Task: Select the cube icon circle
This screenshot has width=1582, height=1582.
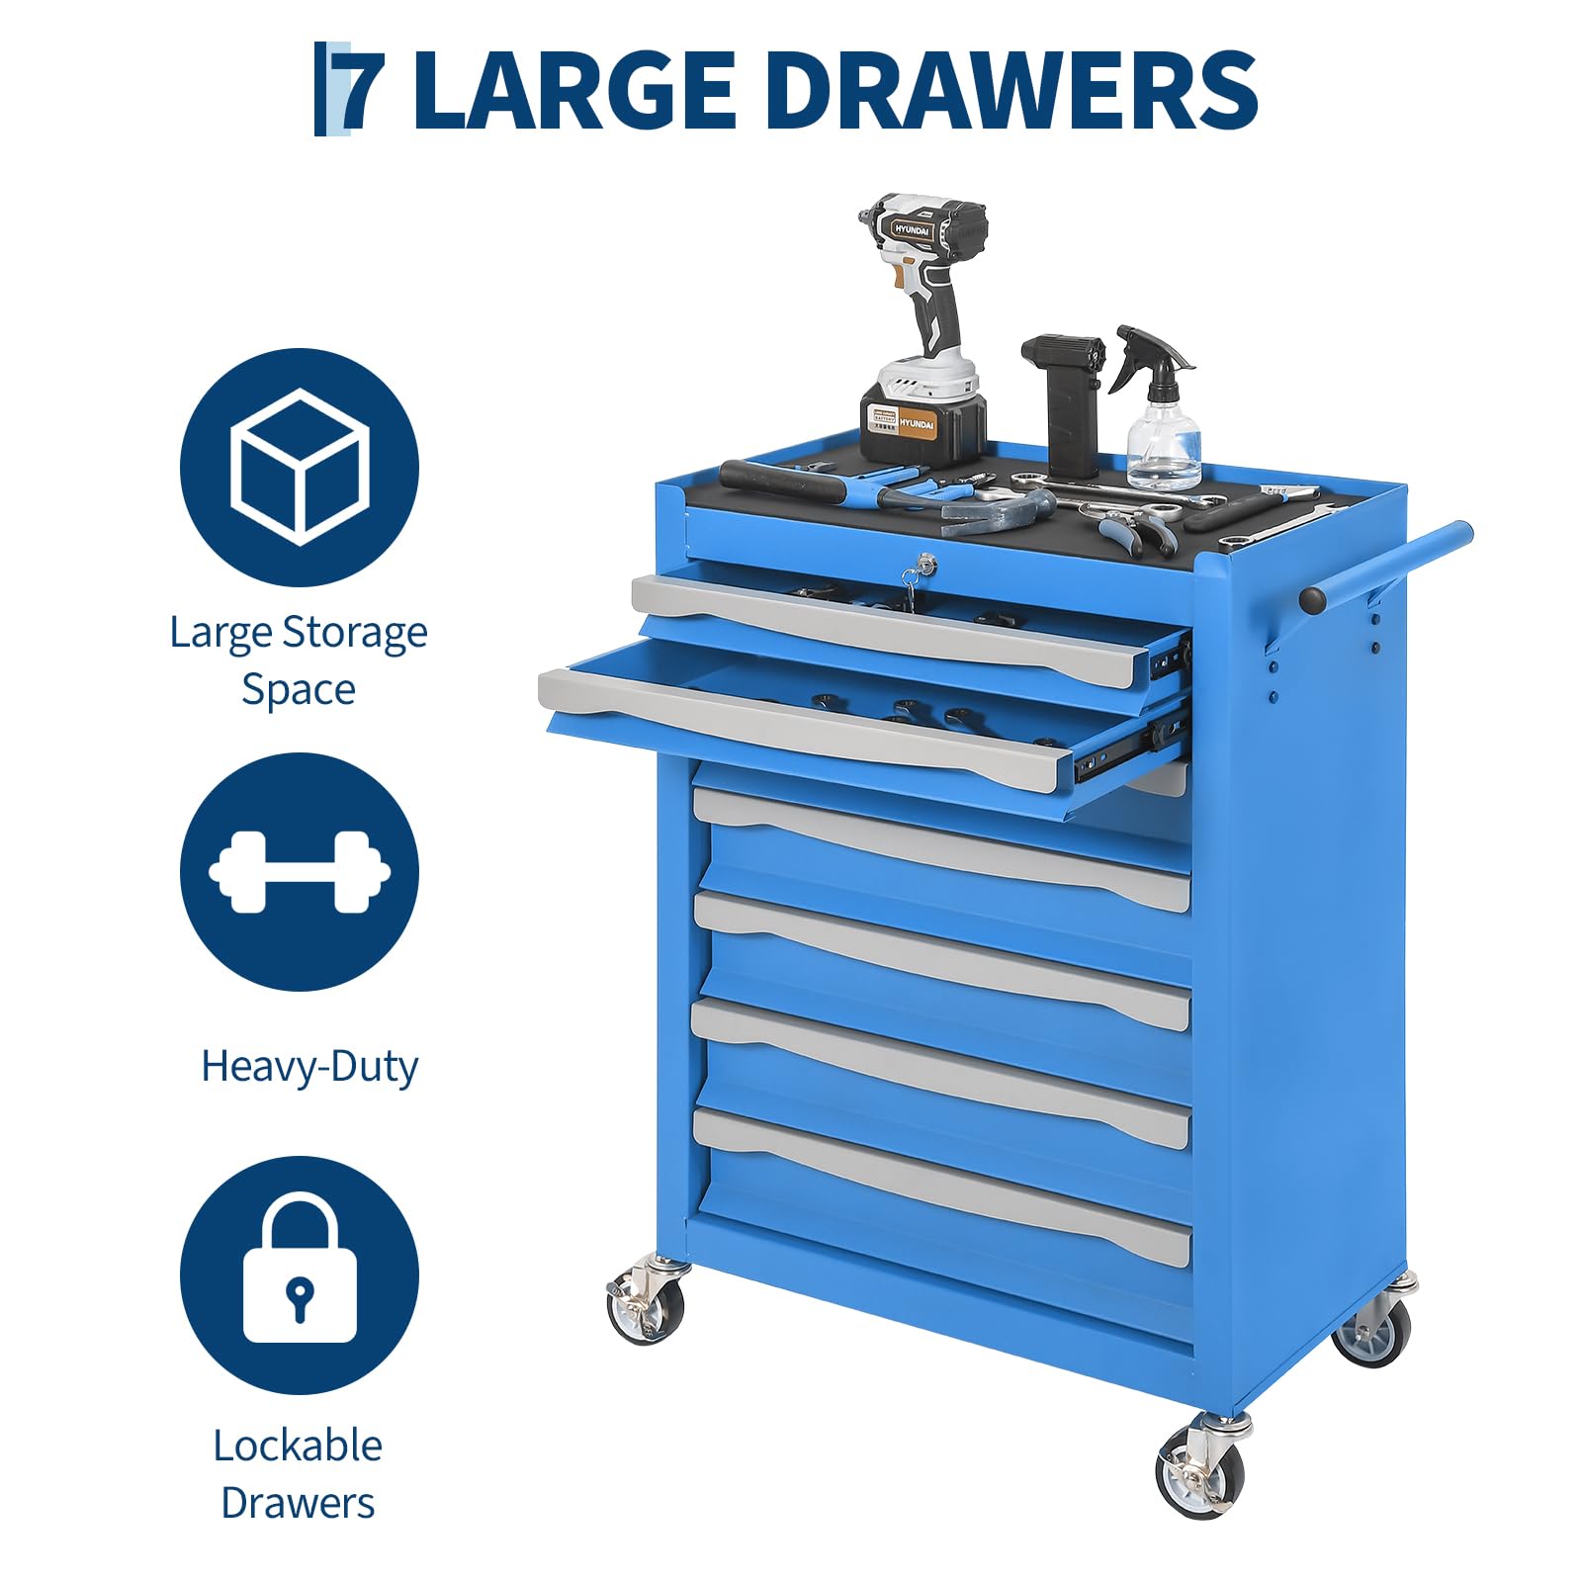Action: [300, 467]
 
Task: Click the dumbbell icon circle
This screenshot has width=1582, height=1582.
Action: [300, 871]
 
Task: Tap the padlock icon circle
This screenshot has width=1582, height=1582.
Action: [300, 1274]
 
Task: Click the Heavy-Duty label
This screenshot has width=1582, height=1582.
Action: [309, 1066]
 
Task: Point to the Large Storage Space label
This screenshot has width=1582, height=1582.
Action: [299, 660]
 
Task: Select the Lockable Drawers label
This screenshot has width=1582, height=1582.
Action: [299, 1474]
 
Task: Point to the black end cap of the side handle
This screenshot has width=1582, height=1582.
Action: [1313, 598]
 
